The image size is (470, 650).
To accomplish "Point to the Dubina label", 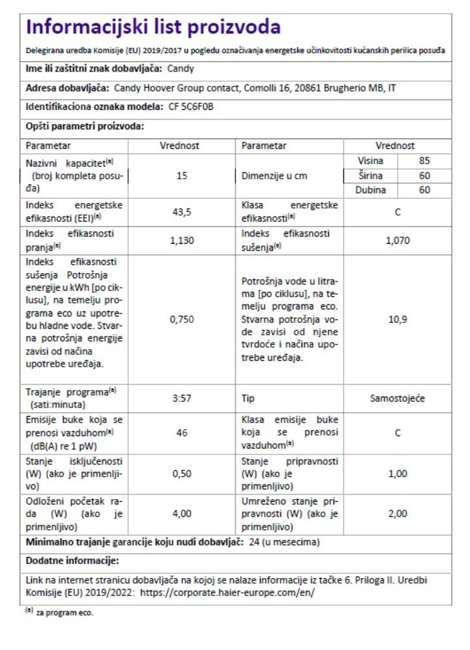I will tap(372, 190).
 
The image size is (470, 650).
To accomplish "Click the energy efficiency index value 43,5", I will tap(182, 212).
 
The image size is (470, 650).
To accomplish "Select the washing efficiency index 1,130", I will tap(182, 240).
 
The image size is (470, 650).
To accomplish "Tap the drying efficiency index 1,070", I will tap(397, 240).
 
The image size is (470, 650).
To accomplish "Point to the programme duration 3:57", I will tap(182, 398).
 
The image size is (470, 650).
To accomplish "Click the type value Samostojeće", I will tap(397, 398).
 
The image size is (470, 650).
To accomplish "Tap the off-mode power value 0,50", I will tap(182, 474).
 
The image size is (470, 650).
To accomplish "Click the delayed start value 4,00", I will tap(182, 513).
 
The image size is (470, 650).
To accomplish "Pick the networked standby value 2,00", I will tap(397, 513).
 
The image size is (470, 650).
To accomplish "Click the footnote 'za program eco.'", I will tap(59, 612).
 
